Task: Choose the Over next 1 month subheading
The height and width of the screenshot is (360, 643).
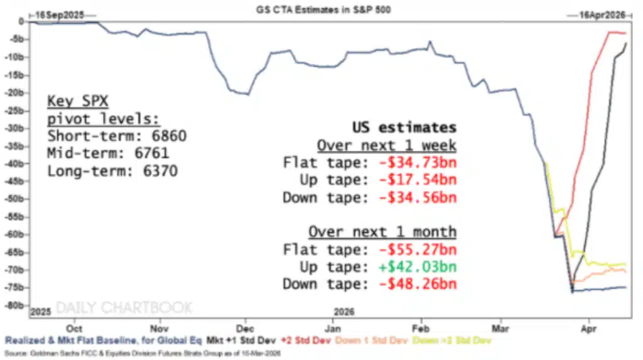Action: click(x=382, y=232)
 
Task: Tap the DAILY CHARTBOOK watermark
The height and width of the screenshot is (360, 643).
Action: click(x=124, y=308)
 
